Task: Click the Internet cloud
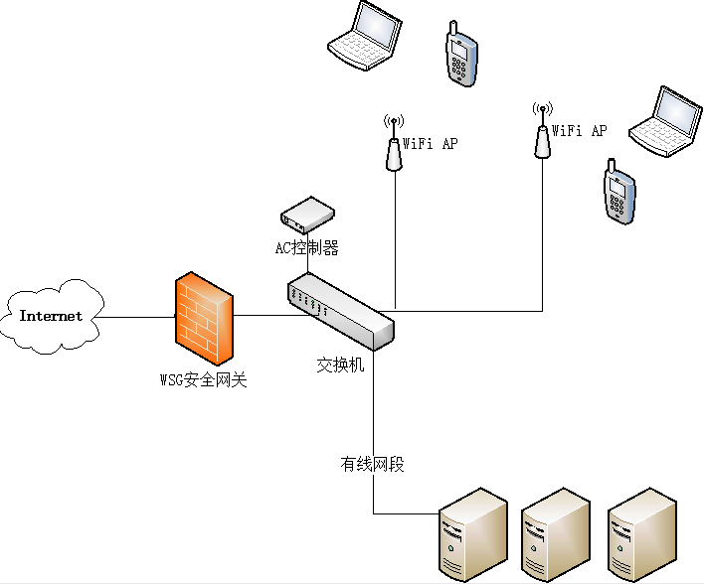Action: tap(52, 316)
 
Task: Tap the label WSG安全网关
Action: tap(203, 378)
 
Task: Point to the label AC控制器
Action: tap(307, 248)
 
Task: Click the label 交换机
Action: tap(341, 365)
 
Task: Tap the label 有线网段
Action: tap(373, 464)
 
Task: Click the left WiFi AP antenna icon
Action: tap(394, 145)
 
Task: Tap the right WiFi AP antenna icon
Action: tap(543, 131)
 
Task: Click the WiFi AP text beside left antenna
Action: tap(431, 144)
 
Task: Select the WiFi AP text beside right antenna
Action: tap(580, 130)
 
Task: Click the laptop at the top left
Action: tap(365, 37)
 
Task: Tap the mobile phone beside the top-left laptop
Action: tap(458, 55)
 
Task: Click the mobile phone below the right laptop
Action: tap(618, 195)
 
